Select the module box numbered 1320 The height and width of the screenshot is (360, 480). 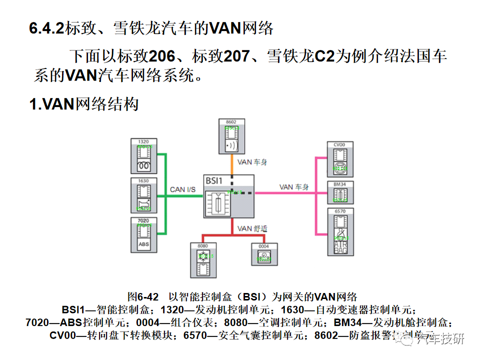[x=144, y=155]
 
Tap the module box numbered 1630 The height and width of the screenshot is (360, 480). [x=144, y=195]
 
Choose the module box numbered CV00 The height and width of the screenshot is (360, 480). [x=340, y=158]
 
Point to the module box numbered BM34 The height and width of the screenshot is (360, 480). [x=340, y=192]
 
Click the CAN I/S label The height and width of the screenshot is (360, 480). [x=182, y=189]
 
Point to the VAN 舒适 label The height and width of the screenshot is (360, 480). [x=252, y=228]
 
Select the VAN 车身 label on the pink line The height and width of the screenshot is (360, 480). [x=293, y=187]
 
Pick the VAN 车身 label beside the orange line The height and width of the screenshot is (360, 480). [x=252, y=162]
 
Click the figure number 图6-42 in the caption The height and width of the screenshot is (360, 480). [x=142, y=296]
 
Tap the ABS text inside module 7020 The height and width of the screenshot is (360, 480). [x=144, y=245]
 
